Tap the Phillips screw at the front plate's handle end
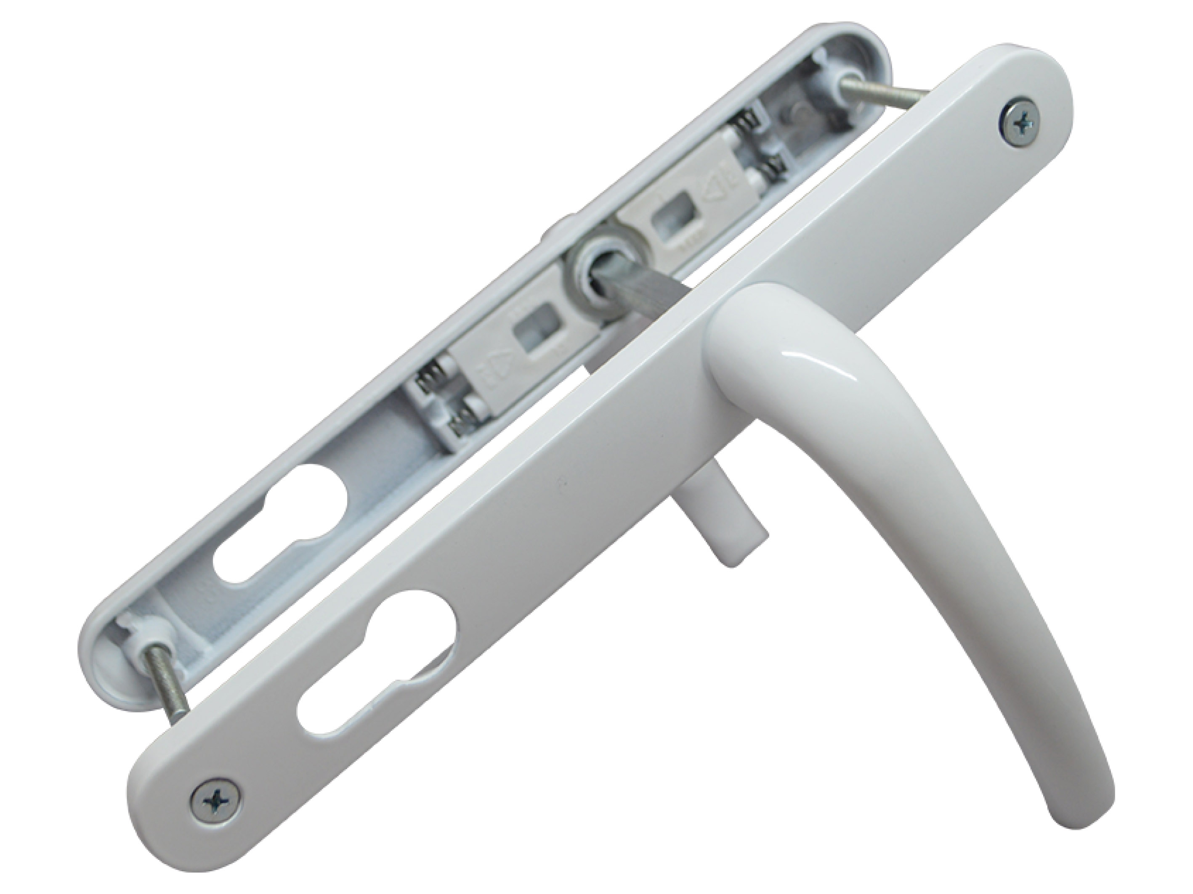(x=1022, y=125)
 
